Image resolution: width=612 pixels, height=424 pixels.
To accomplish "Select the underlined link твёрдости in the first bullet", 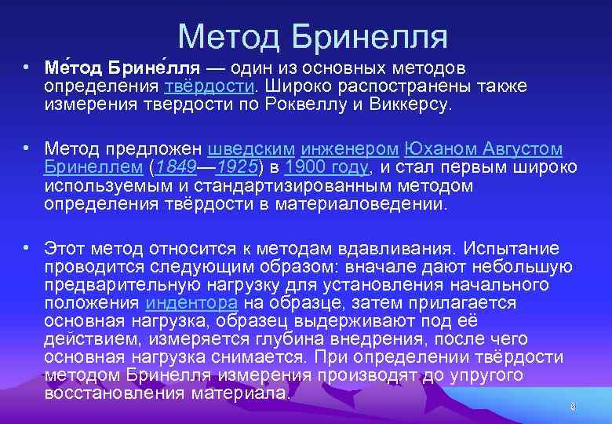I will [212, 86].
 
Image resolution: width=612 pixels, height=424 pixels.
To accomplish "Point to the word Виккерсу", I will [409, 104].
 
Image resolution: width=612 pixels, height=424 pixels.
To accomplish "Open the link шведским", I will [251, 148].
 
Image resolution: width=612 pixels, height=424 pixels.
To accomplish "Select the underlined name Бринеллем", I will [93, 167].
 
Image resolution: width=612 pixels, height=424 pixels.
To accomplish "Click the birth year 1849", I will [174, 167].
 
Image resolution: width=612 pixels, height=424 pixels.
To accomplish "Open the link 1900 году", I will [326, 167].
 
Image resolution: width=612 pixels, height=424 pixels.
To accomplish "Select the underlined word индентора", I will [191, 302].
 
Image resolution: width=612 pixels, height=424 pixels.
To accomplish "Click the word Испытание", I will [511, 249].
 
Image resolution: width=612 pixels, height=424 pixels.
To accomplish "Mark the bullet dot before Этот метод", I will [27, 248].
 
